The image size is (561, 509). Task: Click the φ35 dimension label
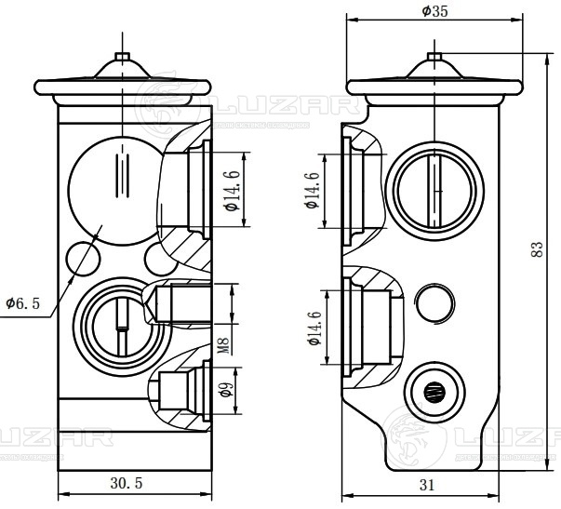click(x=434, y=12)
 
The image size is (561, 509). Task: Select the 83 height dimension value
click(x=536, y=249)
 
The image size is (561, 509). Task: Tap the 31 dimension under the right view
click(x=427, y=484)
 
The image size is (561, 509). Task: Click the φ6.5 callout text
click(x=22, y=303)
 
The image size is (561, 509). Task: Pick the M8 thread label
click(x=224, y=346)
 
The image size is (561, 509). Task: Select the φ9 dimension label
click(x=224, y=391)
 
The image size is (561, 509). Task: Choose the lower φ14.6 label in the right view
click(x=314, y=328)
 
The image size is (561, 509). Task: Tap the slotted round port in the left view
click(x=119, y=322)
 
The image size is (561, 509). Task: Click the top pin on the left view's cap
click(x=121, y=57)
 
